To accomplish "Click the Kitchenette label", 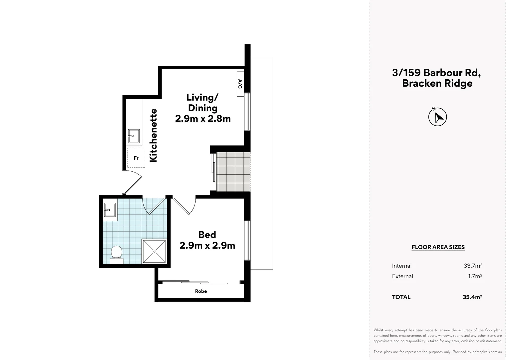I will pyautogui.click(x=153, y=135).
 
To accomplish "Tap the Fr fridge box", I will pyautogui.click(x=136, y=158).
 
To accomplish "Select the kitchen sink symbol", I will pyautogui.click(x=134, y=136).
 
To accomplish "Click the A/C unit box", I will pyautogui.click(x=240, y=84).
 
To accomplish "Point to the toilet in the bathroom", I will pyautogui.click(x=116, y=253).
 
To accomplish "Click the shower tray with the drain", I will pyautogui.click(x=154, y=251).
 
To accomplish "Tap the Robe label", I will pyautogui.click(x=201, y=291).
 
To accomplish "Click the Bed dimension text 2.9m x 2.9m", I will pyautogui.click(x=207, y=246).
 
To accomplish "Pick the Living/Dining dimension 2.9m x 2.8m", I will pyautogui.click(x=203, y=119).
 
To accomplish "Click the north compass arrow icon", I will pyautogui.click(x=437, y=117).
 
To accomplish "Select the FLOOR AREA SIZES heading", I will pyautogui.click(x=438, y=247).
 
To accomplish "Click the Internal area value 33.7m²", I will pyautogui.click(x=472, y=266).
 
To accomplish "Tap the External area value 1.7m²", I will pyautogui.click(x=475, y=276).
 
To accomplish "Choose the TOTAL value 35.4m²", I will pyautogui.click(x=472, y=297).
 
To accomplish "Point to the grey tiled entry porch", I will pyautogui.click(x=233, y=172).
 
